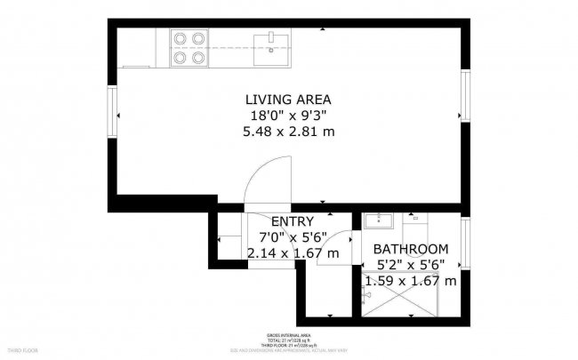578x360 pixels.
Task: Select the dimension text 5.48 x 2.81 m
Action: [288, 132]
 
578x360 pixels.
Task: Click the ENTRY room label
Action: [292, 221]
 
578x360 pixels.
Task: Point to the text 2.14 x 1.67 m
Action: [293, 253]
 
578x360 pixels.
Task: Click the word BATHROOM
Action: [410, 249]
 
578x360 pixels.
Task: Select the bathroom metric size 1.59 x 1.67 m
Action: [411, 281]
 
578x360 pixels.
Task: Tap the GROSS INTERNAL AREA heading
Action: [289, 334]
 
